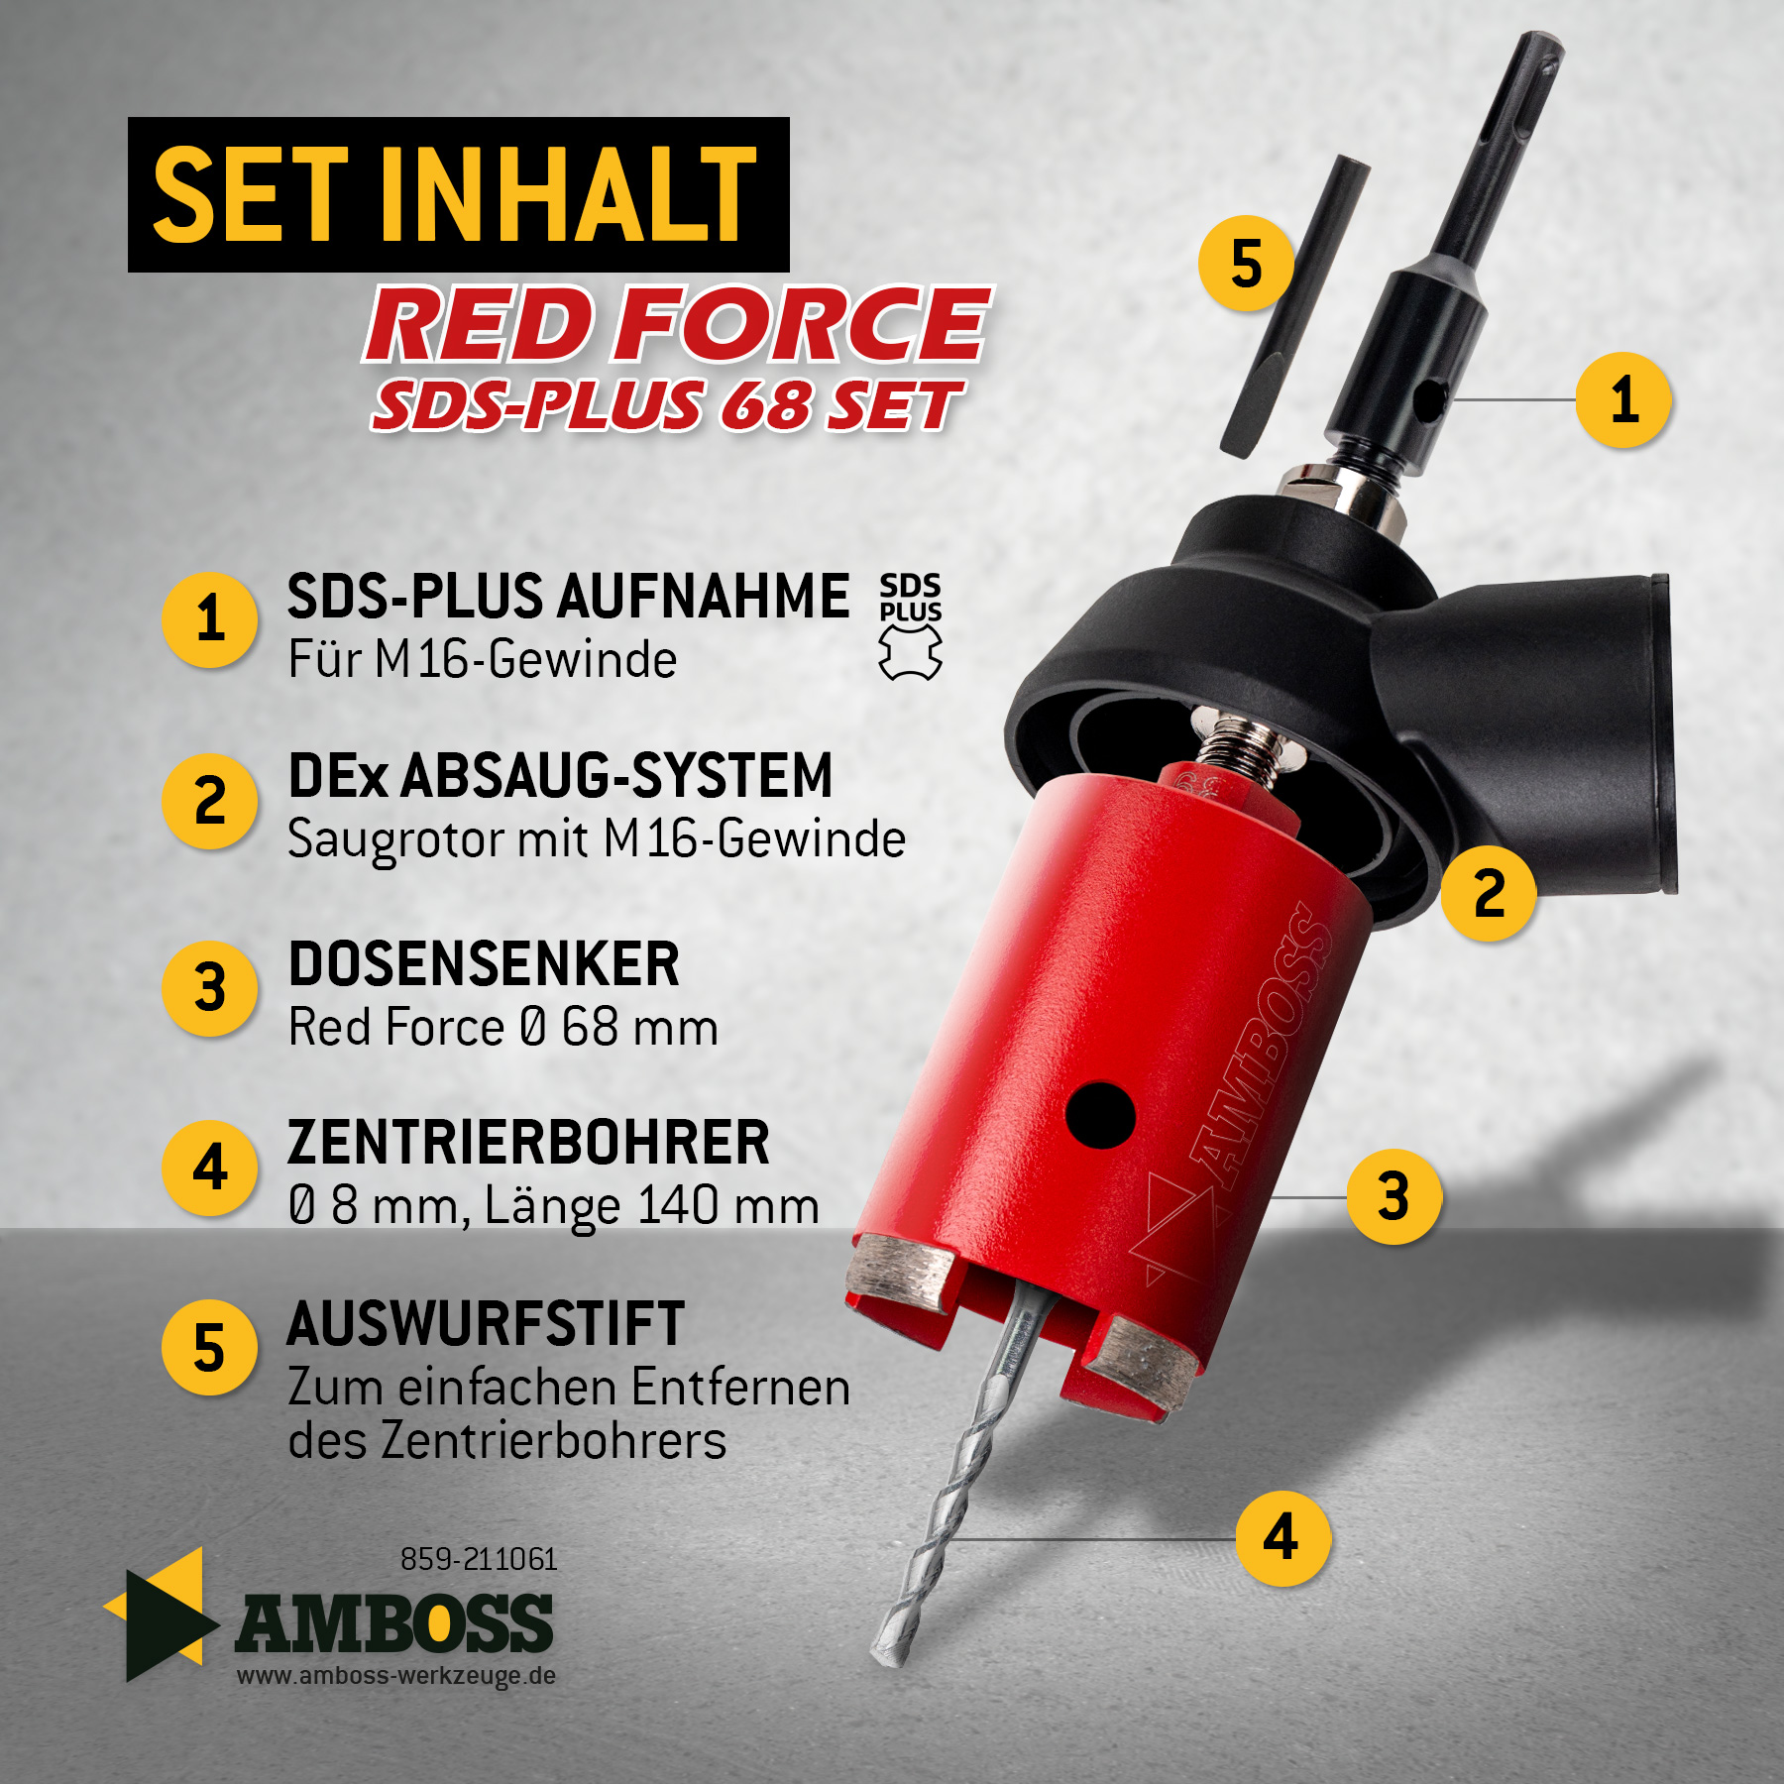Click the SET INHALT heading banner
click(458, 194)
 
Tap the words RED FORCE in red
click(679, 323)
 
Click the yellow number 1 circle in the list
click(210, 619)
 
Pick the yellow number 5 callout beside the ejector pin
click(1246, 264)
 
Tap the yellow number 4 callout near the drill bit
click(1283, 1538)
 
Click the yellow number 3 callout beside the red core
click(1394, 1196)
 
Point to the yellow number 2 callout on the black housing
click(1489, 893)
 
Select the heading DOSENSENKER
click(484, 963)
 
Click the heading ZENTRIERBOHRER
click(528, 1143)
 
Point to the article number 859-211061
click(479, 1559)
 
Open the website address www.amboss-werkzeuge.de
click(395, 1676)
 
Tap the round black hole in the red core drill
click(1100, 1115)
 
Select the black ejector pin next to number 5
click(1295, 306)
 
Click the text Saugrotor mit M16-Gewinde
click(597, 839)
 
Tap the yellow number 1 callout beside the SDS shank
click(1623, 400)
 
